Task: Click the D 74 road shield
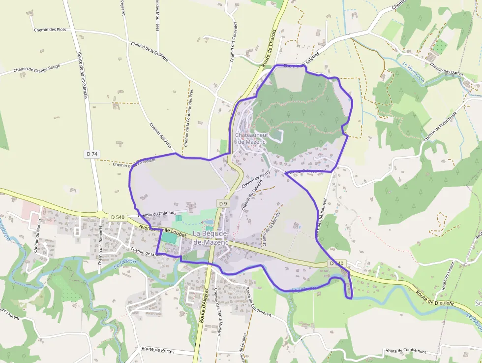(92, 154)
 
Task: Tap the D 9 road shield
(223, 203)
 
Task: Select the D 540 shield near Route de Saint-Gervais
(118, 217)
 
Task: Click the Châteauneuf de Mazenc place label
(250, 138)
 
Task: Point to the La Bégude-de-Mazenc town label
(211, 237)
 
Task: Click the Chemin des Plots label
(50, 30)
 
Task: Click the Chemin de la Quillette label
(150, 52)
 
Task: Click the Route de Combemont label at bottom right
(406, 351)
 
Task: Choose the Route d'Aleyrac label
(205, 305)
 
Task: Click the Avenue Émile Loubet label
(162, 231)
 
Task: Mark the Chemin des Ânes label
(161, 135)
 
